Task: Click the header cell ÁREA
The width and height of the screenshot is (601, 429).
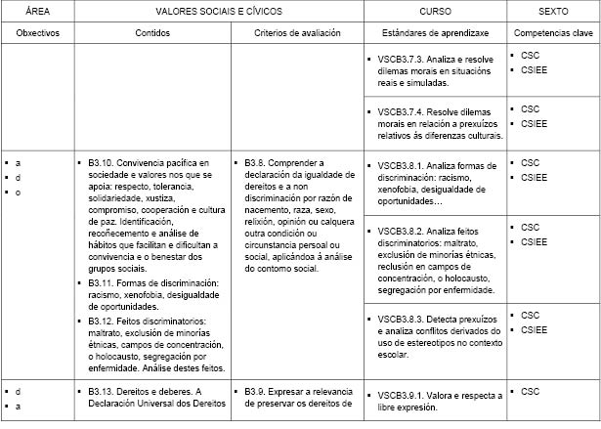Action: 36,10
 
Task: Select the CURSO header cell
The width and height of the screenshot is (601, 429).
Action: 435,10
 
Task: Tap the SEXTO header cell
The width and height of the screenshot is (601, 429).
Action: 553,10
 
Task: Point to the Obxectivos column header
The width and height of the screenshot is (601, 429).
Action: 37,32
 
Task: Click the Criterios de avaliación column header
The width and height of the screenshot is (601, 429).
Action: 297,32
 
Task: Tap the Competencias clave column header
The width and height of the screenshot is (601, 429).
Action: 553,32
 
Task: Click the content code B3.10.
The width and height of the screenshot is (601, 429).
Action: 103,162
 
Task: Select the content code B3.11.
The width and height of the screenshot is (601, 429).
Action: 103,283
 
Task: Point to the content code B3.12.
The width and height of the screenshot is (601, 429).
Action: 103,320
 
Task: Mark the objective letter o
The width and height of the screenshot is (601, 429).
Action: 18,192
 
